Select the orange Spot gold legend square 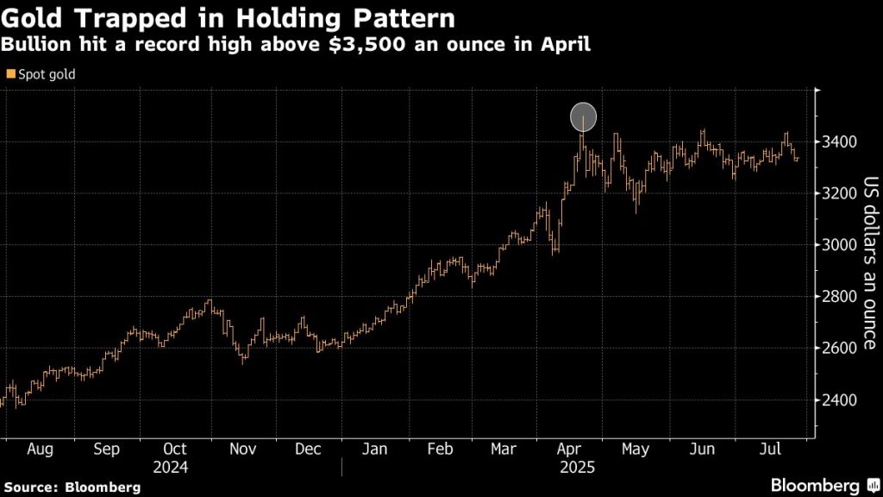(9, 74)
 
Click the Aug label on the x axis (41, 450)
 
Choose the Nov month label (242, 450)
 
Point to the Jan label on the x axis (375, 450)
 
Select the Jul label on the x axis (771, 450)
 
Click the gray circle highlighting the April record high (584, 116)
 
